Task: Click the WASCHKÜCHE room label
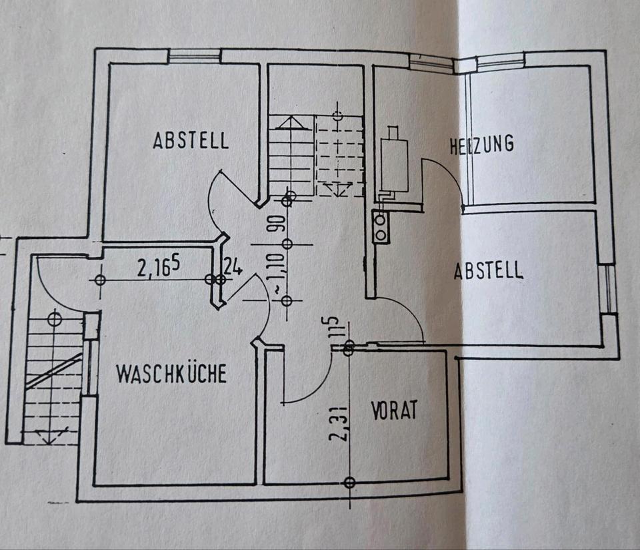tap(171, 374)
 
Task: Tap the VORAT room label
tap(395, 409)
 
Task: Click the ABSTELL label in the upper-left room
tap(191, 141)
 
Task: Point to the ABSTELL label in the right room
tap(489, 271)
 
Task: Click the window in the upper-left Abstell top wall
tap(194, 57)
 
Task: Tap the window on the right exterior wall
tap(608, 289)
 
